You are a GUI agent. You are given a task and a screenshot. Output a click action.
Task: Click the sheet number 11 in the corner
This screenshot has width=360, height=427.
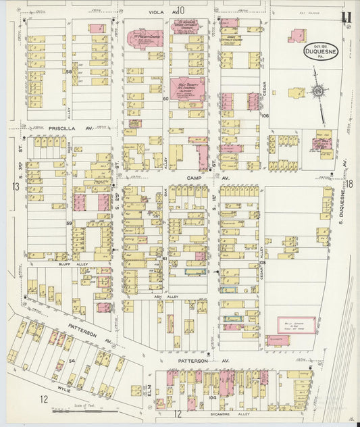[346, 16]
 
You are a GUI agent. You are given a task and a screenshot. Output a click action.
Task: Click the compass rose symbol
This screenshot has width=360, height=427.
[317, 90]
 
